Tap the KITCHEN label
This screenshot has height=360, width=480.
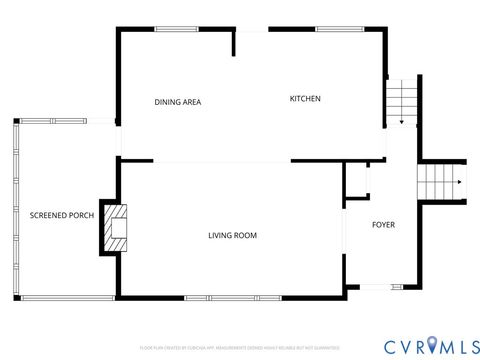pyautogui.click(x=305, y=98)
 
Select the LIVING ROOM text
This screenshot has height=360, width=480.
pyautogui.click(x=232, y=236)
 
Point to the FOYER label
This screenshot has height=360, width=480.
pyautogui.click(x=383, y=225)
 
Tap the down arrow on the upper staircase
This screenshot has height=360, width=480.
pyautogui.click(x=401, y=121)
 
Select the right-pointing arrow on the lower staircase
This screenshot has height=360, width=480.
pyautogui.click(x=459, y=183)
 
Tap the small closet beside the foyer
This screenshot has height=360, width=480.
pyautogui.click(x=356, y=183)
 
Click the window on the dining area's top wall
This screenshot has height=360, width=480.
pyautogui.click(x=176, y=29)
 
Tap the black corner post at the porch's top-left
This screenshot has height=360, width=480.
pyautogui.click(x=16, y=121)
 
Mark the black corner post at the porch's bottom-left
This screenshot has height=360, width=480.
pyautogui.click(x=16, y=298)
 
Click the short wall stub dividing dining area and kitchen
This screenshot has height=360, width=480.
pyautogui.click(x=235, y=43)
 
